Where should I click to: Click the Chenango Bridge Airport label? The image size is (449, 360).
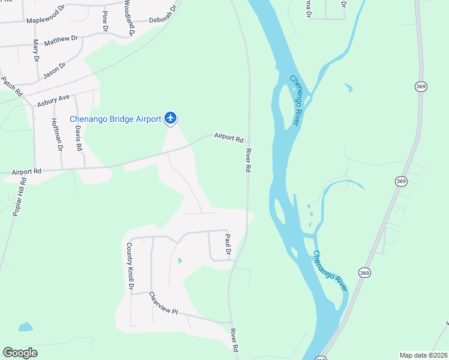coord(115,119)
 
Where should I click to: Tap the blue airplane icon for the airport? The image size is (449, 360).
coord(171,118)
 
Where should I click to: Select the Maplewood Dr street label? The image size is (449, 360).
coord(45,16)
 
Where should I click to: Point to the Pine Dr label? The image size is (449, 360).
coord(105,20)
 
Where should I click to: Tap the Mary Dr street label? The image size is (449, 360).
coord(36,51)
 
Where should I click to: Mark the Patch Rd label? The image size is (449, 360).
coord(11,86)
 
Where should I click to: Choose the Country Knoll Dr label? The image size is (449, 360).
coord(129,266)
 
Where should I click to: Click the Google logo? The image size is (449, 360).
coord(20,353)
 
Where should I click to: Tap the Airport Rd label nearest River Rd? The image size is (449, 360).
coord(228,137)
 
